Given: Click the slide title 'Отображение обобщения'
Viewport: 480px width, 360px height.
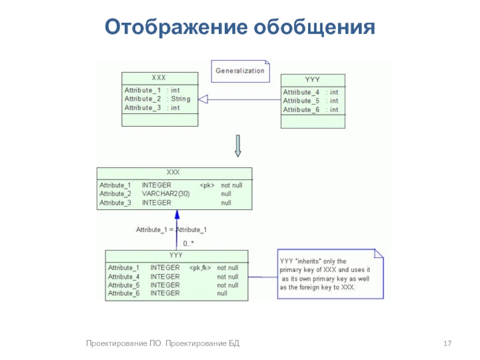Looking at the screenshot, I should point(239,27).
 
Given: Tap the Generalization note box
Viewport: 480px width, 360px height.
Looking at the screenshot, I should point(240,71).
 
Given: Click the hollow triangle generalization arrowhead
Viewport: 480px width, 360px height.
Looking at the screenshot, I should point(203,99).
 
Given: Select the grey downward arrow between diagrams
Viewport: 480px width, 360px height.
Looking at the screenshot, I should point(238,146).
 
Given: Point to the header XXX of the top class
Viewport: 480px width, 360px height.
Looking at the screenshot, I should point(159,78).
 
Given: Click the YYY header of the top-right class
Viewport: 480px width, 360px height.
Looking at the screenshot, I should point(313,80).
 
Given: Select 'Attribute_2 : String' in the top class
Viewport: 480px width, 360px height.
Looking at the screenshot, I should point(157,99).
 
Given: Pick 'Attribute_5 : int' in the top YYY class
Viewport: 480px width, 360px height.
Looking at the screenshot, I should point(311,101).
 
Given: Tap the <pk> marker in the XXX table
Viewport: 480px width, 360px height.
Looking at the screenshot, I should point(206,185).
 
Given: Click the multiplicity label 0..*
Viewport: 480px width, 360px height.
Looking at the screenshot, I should point(188,244).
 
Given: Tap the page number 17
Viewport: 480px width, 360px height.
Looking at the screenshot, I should point(446,343).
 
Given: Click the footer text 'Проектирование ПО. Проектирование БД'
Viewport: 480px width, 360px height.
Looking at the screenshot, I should point(163,343).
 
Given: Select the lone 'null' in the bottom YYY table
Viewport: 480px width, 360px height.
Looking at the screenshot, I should point(222,293).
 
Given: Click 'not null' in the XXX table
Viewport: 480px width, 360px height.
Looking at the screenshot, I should point(231,185).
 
